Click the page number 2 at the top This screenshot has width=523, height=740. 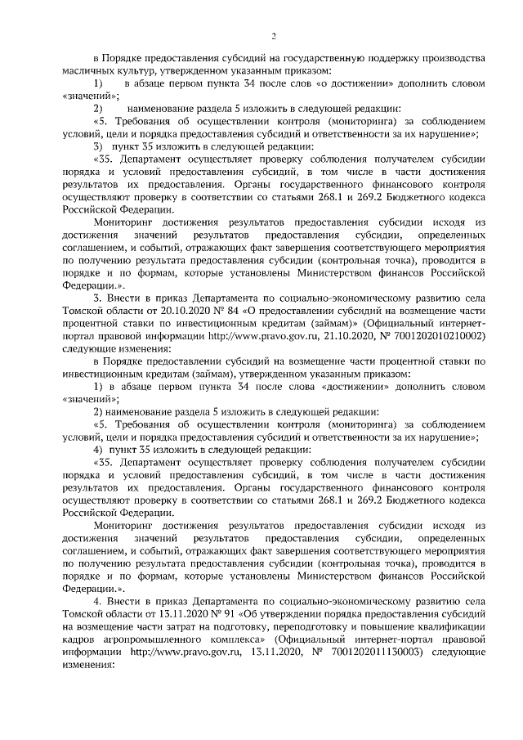(272, 35)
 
